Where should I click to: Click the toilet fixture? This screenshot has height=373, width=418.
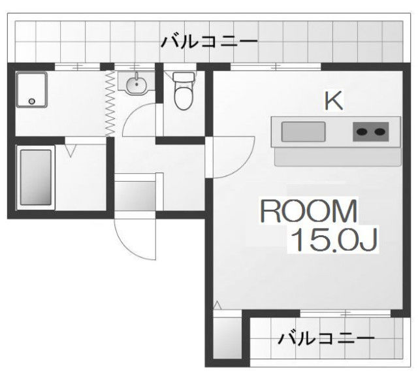(x=184, y=91)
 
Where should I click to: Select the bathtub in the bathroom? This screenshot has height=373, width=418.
(x=36, y=177)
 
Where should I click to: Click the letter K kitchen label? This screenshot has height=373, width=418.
(x=334, y=101)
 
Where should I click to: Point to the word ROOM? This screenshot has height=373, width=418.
(x=308, y=211)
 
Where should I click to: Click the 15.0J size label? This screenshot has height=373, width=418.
(x=334, y=239)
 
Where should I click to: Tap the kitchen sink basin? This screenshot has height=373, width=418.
(x=303, y=132)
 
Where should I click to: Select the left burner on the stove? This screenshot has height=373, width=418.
(x=362, y=132)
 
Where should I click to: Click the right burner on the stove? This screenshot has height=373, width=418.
(x=379, y=132)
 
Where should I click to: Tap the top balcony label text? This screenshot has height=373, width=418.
(x=209, y=42)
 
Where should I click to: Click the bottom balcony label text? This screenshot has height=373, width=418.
(x=326, y=338)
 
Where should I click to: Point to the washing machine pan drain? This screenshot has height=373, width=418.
(x=32, y=101)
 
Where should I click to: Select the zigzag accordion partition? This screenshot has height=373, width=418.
(x=110, y=103)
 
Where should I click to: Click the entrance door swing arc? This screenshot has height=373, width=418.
(x=128, y=247)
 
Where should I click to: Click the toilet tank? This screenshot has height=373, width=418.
(x=184, y=77)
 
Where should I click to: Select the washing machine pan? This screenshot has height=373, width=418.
(x=32, y=89)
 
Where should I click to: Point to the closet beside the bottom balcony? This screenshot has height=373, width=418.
(x=228, y=335)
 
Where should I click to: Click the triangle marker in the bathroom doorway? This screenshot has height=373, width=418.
(x=71, y=150)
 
